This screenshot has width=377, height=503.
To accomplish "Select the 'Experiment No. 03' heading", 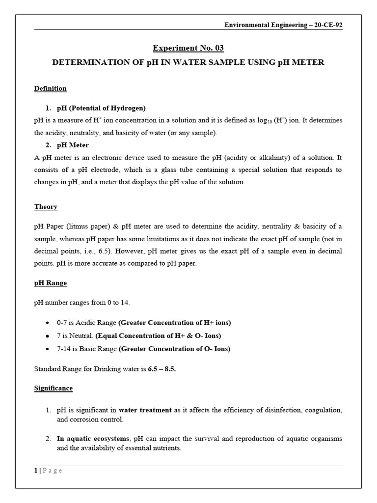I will (x=188, y=48).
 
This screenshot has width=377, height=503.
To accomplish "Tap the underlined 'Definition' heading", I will (x=50, y=89).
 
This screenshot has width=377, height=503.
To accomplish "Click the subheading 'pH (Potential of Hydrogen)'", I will (x=102, y=108).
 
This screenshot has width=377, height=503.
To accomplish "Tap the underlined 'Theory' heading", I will (x=46, y=207).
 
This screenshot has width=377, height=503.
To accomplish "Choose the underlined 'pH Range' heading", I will (x=51, y=283).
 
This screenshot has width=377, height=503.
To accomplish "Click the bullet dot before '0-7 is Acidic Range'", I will (x=47, y=323).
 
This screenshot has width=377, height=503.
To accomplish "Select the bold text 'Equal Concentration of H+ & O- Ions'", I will (x=159, y=336).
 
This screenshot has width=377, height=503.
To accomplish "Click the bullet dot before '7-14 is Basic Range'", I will (x=47, y=349).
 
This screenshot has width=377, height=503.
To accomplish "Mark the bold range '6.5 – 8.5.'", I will (x=162, y=369).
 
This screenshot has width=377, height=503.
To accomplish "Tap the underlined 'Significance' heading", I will (x=54, y=388).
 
